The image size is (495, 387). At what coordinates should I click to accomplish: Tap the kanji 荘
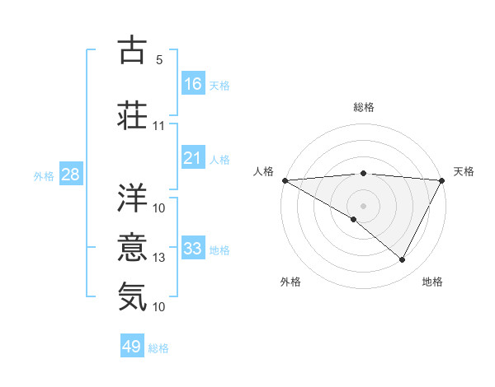click(x=133, y=114)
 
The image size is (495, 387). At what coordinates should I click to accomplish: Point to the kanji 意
click(x=133, y=246)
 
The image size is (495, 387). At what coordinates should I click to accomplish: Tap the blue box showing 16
click(x=193, y=84)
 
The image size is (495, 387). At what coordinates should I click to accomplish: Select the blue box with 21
click(x=193, y=158)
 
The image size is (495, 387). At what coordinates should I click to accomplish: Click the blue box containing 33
click(x=193, y=249)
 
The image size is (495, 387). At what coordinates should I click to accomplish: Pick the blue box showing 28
click(x=70, y=175)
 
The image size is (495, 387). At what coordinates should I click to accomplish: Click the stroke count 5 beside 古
click(x=159, y=60)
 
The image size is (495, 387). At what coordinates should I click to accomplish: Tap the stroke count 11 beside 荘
click(x=159, y=127)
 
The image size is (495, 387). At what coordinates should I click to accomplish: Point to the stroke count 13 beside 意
click(x=159, y=258)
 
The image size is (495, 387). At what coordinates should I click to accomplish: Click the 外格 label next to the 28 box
click(x=44, y=175)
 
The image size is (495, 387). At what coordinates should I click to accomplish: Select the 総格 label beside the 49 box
click(x=158, y=348)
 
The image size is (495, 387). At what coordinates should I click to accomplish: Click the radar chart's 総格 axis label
click(x=363, y=107)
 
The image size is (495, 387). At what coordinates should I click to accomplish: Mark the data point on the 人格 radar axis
click(x=285, y=180)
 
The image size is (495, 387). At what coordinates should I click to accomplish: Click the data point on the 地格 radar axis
click(x=403, y=260)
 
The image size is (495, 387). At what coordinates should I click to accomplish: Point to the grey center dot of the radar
click(x=363, y=205)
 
